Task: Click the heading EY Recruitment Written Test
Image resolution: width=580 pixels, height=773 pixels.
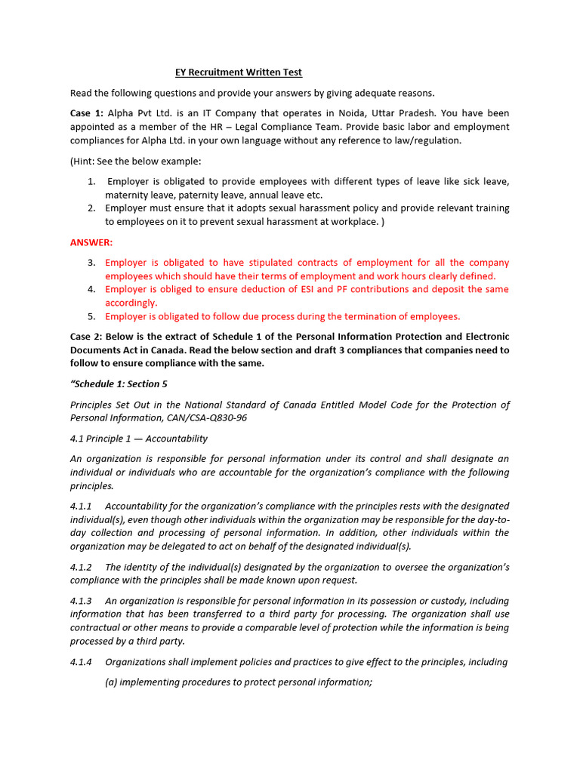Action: (239, 72)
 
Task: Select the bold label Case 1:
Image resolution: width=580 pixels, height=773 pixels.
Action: (87, 112)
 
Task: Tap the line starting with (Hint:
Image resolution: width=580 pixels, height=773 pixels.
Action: (136, 162)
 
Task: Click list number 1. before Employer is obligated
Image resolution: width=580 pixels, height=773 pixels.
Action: (91, 182)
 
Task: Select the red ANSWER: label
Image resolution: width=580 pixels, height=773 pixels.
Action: (91, 242)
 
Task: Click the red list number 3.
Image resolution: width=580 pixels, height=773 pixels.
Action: (91, 263)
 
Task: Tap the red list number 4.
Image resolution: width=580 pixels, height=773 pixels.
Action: (91, 289)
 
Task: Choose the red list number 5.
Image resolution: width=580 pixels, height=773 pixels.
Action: (91, 316)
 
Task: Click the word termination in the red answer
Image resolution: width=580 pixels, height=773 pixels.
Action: (362, 316)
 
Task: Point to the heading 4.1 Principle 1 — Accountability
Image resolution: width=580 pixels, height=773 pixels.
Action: (139, 439)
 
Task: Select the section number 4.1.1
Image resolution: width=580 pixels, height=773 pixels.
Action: (81, 506)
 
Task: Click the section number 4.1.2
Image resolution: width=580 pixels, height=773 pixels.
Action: (81, 567)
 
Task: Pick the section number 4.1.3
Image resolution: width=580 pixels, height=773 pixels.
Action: (81, 601)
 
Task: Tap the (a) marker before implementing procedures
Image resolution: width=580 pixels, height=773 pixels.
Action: (111, 682)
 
